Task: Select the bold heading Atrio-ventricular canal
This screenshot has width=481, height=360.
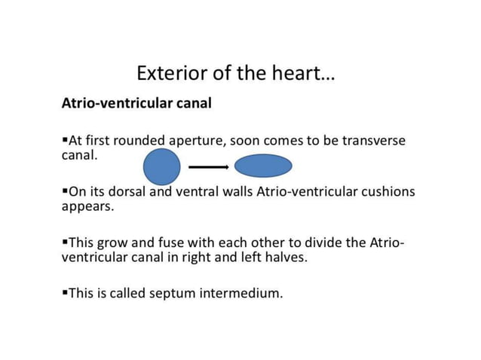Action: [x=136, y=103]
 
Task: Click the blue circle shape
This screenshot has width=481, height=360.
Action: [x=161, y=166]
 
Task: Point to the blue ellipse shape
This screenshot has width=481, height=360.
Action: [x=263, y=166]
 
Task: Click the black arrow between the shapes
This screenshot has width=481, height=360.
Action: [x=207, y=166]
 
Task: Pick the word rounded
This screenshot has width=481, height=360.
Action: [x=139, y=141]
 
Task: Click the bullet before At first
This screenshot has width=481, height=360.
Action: [x=64, y=141]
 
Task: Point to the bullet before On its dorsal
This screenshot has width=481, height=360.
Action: [x=64, y=191]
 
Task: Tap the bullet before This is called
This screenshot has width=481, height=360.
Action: [x=64, y=292]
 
